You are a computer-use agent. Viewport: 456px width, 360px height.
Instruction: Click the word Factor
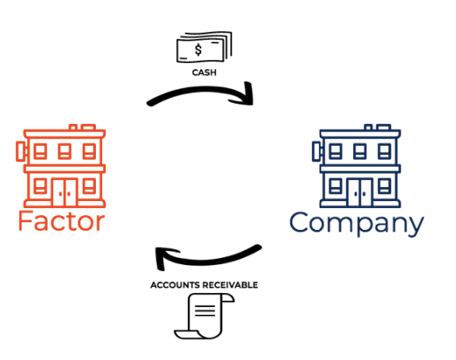(62, 221)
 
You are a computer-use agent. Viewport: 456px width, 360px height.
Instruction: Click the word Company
(356, 224)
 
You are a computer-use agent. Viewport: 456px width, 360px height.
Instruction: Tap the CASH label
(204, 72)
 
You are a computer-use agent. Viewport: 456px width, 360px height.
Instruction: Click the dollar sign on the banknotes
(198, 50)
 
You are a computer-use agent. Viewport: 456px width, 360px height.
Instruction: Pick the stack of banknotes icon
(204, 47)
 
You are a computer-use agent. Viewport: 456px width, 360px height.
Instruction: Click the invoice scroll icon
(204, 316)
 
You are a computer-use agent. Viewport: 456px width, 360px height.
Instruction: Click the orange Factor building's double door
(65, 192)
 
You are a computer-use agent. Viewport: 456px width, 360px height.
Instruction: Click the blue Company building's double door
(360, 192)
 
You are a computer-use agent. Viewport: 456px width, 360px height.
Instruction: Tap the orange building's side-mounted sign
(21, 151)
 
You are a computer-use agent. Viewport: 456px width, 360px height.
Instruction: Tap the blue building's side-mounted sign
(317, 151)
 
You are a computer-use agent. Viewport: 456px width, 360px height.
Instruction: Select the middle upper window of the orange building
(65, 151)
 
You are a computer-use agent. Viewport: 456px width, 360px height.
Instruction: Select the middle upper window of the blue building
(360, 151)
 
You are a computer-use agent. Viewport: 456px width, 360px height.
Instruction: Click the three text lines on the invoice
(205, 311)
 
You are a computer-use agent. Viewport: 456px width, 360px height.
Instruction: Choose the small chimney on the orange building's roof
(73, 127)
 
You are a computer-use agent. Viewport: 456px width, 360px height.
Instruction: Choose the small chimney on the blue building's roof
(369, 127)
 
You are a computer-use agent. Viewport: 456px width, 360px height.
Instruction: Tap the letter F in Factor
(24, 221)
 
